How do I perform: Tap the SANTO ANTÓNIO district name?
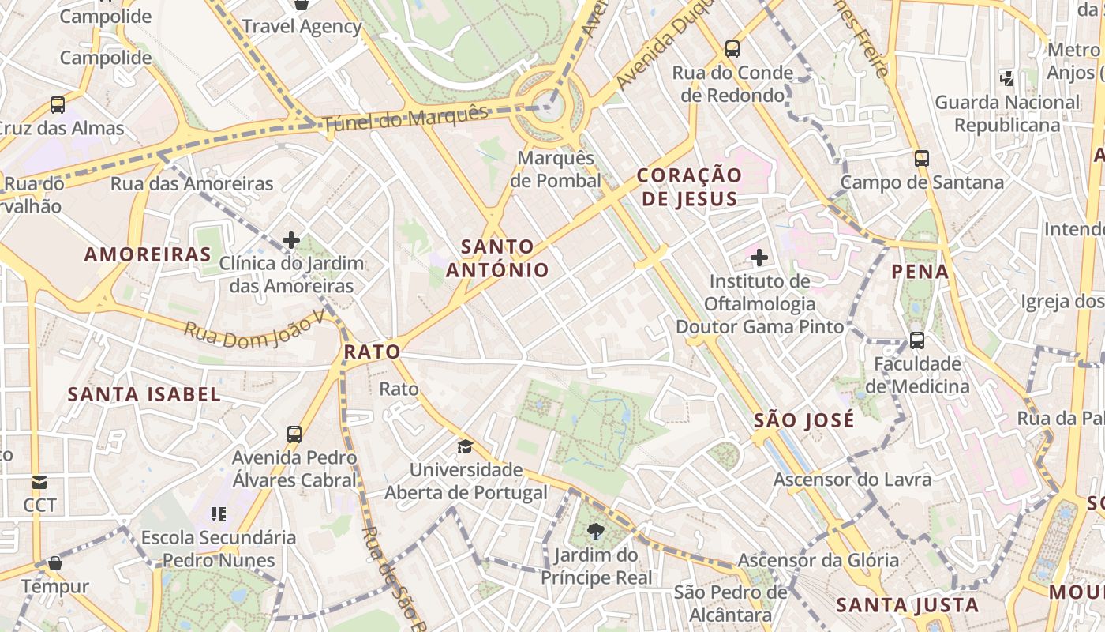tap(497, 258)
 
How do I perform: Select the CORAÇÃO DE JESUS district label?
tap(689, 186)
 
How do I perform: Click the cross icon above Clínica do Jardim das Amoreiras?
tap(291, 239)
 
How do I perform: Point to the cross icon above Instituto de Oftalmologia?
tap(759, 257)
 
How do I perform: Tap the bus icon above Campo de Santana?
tap(921, 158)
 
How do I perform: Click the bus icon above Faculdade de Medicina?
tap(916, 340)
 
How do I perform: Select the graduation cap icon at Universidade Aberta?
tap(465, 446)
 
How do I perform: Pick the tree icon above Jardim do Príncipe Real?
tap(596, 531)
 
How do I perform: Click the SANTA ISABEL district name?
tap(144, 394)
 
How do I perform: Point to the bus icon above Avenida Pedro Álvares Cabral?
tap(294, 434)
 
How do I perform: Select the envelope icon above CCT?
tap(39, 482)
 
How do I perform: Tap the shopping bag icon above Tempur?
tap(55, 563)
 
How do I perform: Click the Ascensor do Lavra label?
tap(852, 480)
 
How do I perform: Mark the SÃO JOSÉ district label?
tap(803, 420)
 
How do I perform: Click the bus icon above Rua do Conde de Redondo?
tap(732, 49)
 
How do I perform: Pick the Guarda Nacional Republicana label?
tap(1007, 114)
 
